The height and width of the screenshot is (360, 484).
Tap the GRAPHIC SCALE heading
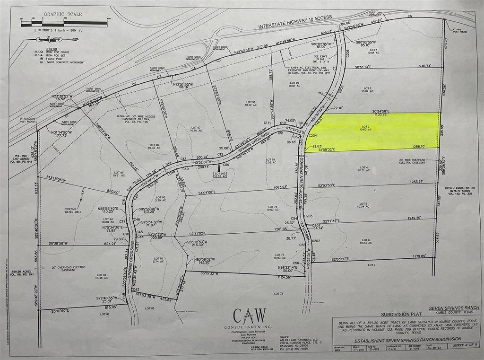click(x=63, y=14)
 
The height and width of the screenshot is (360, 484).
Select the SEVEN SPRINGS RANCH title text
click(x=453, y=307)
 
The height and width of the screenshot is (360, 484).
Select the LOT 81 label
click(x=158, y=260)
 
